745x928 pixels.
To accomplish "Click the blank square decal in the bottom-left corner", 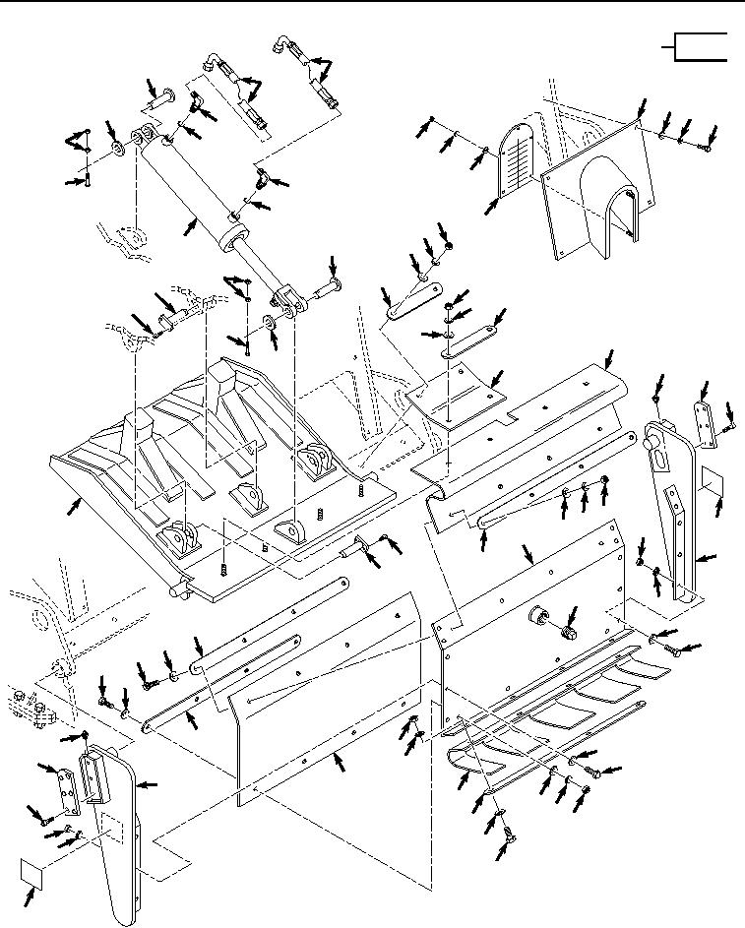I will click(x=34, y=871).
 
